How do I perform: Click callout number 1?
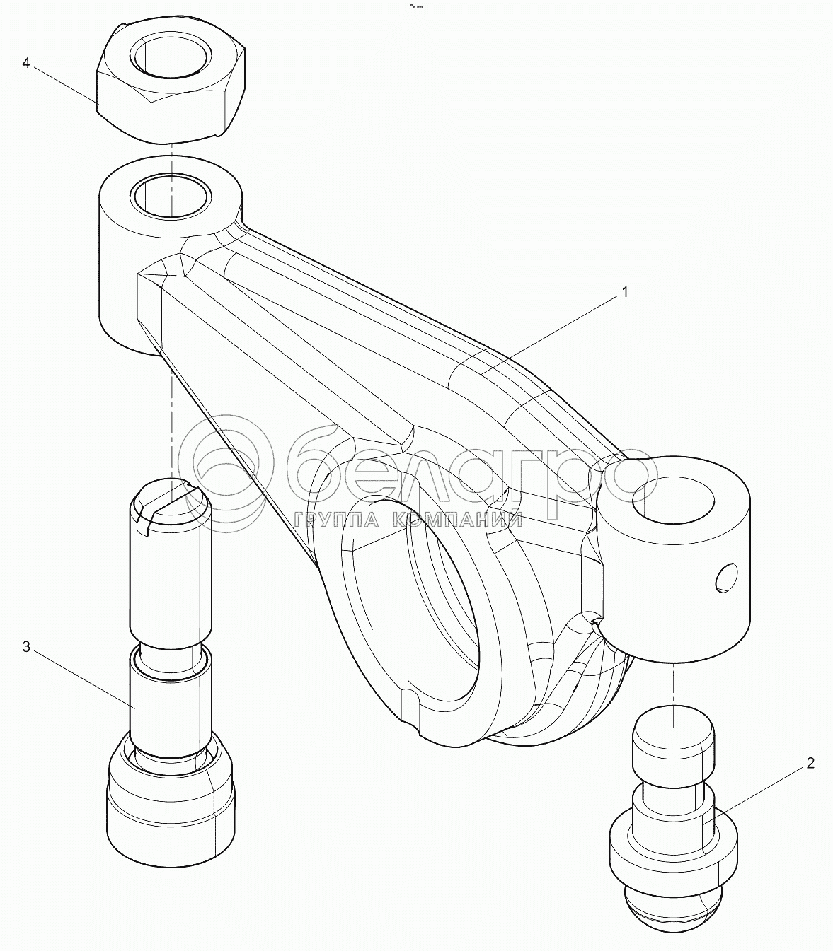[625, 292]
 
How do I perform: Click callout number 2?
[810, 763]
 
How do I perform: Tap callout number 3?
[26, 647]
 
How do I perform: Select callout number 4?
[26, 63]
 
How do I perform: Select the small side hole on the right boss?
[727, 577]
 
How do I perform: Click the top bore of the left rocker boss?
[171, 194]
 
